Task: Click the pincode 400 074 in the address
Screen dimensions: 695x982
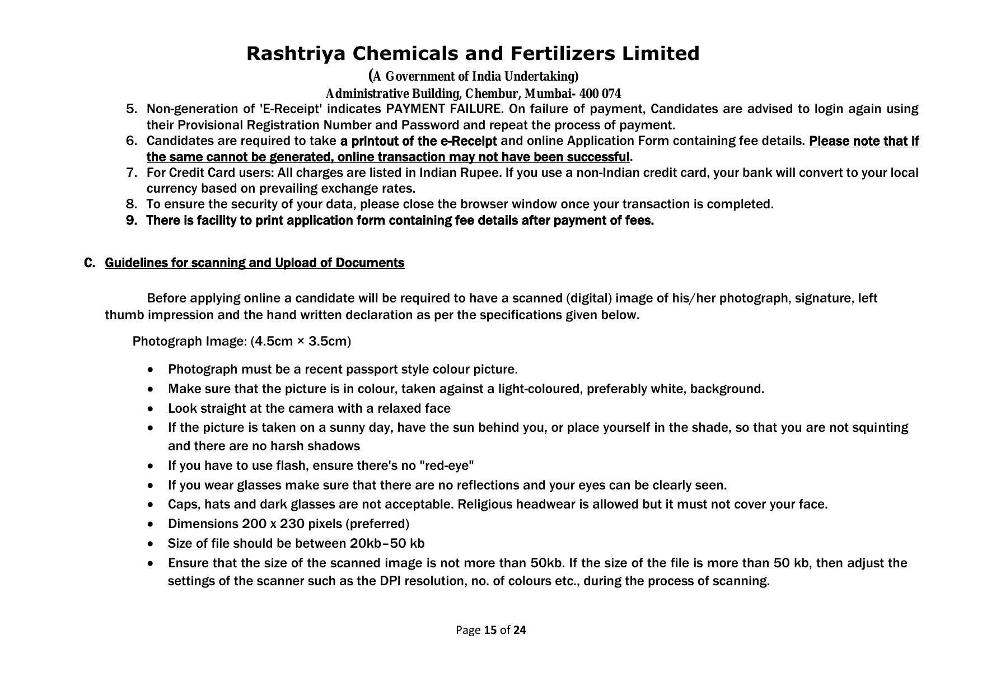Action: click(600, 94)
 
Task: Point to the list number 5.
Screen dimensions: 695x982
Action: click(132, 109)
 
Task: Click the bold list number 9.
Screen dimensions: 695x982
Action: click(132, 221)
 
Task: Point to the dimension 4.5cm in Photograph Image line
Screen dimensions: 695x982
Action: click(274, 342)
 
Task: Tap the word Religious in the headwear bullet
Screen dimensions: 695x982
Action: click(485, 505)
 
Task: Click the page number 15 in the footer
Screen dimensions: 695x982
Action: click(490, 631)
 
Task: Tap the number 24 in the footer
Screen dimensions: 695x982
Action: click(520, 631)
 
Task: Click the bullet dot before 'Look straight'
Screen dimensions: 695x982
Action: click(151, 409)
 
